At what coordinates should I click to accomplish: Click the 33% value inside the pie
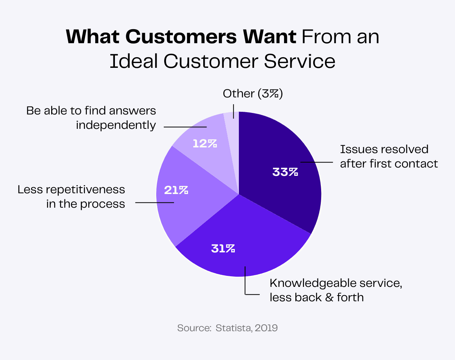(285, 172)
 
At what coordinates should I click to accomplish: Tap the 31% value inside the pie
(223, 249)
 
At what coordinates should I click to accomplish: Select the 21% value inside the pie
(176, 190)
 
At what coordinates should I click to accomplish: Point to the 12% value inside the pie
(205, 144)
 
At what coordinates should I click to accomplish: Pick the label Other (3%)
(253, 94)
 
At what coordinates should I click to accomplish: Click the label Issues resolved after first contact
(389, 156)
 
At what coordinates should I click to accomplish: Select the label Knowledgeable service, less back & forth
(335, 290)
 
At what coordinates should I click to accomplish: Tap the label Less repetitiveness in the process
(71, 196)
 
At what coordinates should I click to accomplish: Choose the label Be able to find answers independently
(91, 118)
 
